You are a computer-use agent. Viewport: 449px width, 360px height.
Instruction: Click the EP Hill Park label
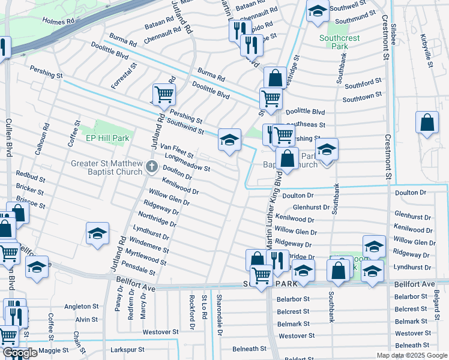pyautogui.click(x=107, y=138)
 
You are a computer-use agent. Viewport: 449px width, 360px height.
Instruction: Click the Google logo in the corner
pyautogui.click(x=19, y=353)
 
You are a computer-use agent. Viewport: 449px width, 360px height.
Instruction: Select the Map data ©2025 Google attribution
pyautogui.click(x=412, y=355)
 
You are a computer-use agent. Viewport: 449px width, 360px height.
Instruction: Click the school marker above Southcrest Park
pyautogui.click(x=318, y=10)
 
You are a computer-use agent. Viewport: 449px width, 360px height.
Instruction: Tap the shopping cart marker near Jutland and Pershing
pyautogui.click(x=164, y=94)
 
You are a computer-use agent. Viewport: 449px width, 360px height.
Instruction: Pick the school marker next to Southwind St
pyautogui.click(x=229, y=139)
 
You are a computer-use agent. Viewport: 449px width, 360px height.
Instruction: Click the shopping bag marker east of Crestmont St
pyautogui.click(x=426, y=122)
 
